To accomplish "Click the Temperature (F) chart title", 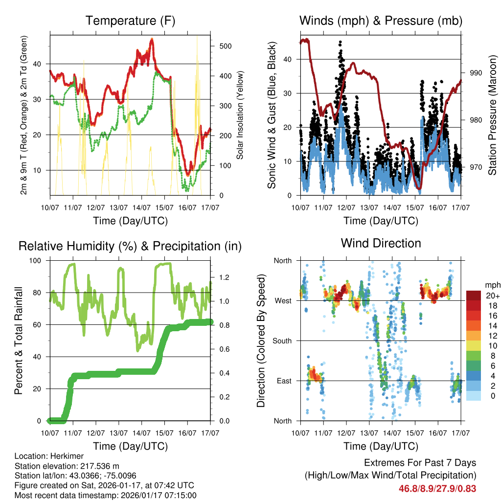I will [130, 21].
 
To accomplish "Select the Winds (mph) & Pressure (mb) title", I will [381, 21].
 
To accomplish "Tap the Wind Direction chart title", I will [381, 243].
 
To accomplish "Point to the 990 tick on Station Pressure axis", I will [476, 73].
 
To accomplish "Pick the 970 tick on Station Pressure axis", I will [476, 167].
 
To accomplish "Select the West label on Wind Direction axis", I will [283, 300].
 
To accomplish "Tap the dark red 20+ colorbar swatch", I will [474, 295].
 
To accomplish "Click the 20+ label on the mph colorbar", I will [492, 296].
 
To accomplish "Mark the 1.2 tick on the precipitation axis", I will [225, 277].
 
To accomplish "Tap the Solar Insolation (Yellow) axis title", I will [240, 115].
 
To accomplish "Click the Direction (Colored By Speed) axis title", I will [261, 341].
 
